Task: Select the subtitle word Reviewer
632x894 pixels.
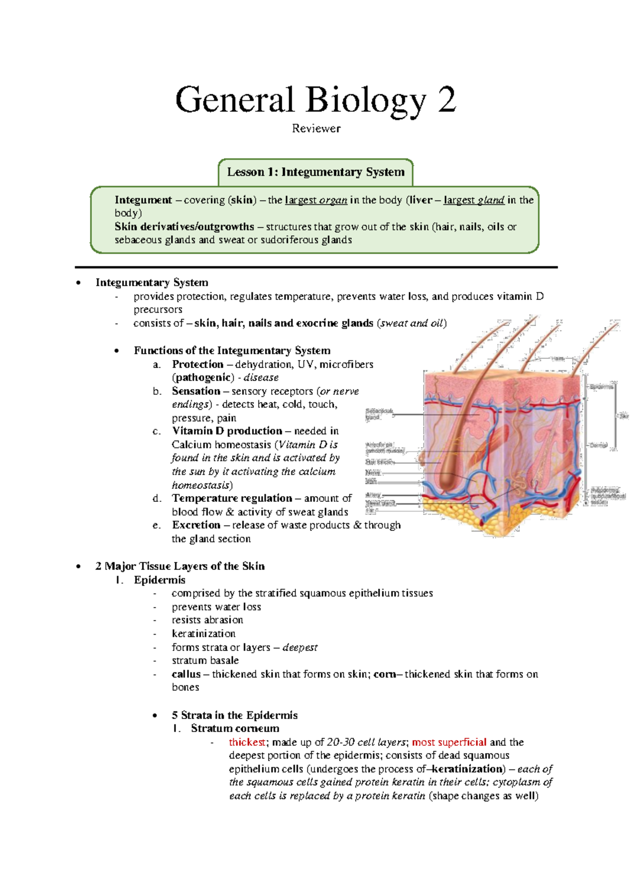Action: point(316,129)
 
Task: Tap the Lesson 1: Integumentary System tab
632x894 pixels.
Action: point(315,172)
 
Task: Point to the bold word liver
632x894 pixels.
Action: point(420,200)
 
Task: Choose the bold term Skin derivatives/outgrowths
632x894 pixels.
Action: point(184,227)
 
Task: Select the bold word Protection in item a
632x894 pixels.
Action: point(197,364)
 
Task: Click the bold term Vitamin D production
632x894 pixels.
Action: point(227,431)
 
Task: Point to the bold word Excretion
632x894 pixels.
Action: point(196,525)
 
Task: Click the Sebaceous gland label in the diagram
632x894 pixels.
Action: point(379,414)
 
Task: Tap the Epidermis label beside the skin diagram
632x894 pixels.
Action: point(601,387)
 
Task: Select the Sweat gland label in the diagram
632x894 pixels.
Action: point(380,503)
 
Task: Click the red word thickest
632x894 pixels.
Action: point(246,742)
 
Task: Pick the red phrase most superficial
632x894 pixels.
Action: point(449,742)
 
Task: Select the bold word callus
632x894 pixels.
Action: point(186,674)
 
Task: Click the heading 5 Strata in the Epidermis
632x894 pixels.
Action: point(234,715)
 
